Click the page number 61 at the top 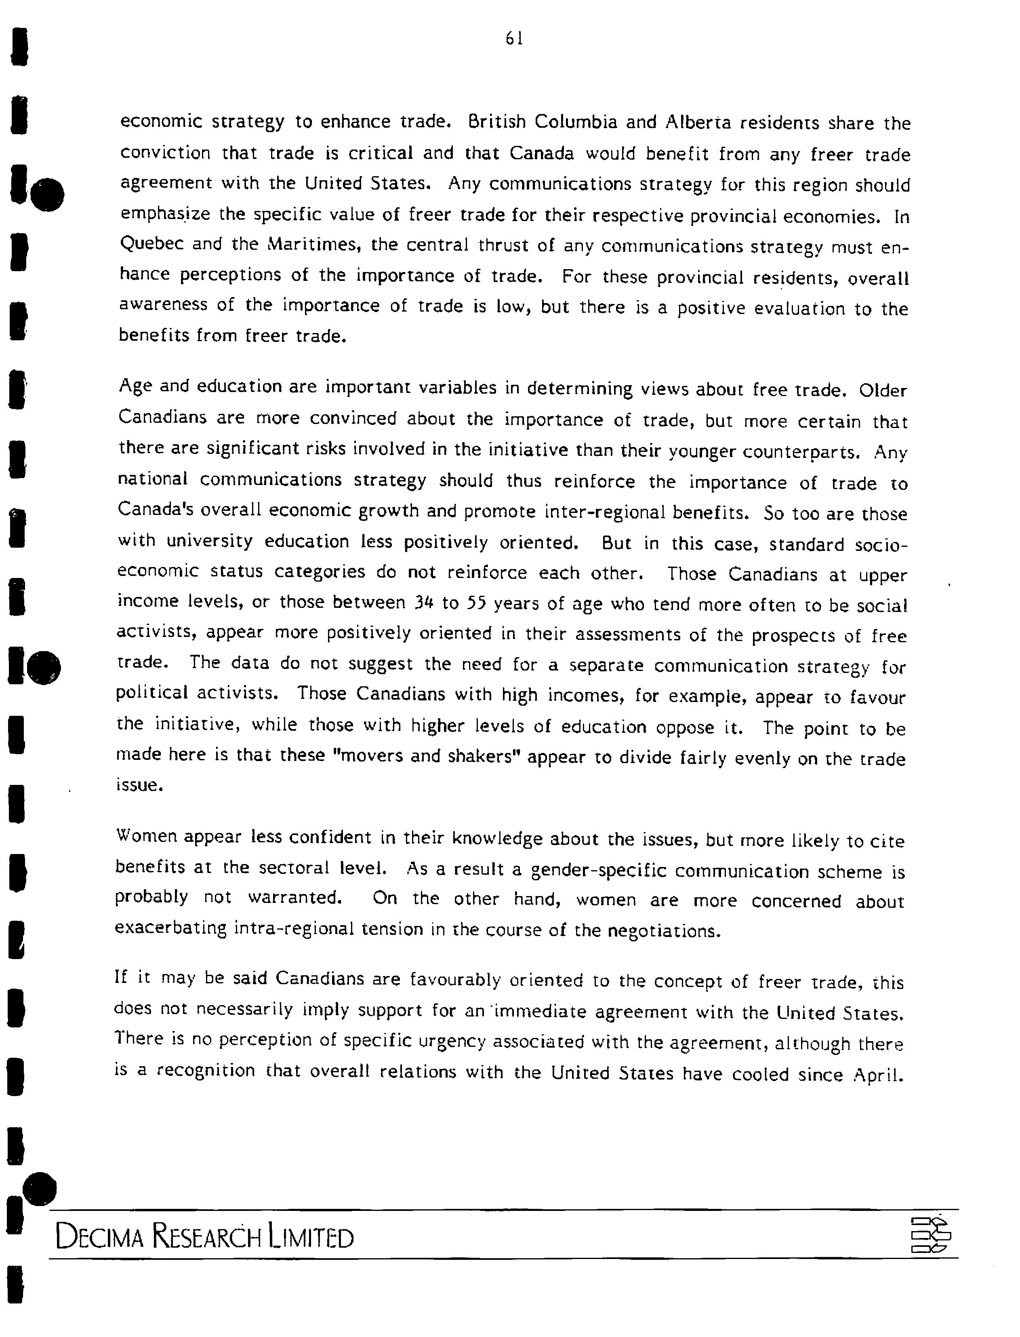pyautogui.click(x=514, y=39)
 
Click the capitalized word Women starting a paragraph pyautogui.click(x=146, y=837)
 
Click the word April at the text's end pyautogui.click(x=879, y=1075)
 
